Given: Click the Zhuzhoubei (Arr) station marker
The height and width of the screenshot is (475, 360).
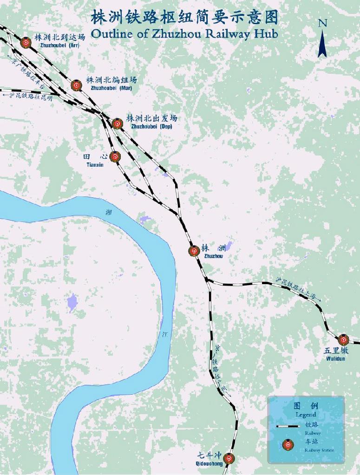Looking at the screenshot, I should pyautogui.click(x=26, y=42).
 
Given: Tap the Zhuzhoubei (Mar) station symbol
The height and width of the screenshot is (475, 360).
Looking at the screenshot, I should pyautogui.click(x=77, y=85).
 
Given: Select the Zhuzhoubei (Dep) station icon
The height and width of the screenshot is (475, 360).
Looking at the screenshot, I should pyautogui.click(x=117, y=124).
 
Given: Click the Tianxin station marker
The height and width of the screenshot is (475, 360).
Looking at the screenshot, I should pyautogui.click(x=115, y=156).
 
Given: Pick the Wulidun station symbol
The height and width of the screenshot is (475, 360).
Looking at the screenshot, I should pyautogui.click(x=343, y=340).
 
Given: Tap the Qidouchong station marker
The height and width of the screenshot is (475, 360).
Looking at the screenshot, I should pyautogui.click(x=229, y=458).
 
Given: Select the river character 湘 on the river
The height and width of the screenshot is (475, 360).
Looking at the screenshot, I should pyautogui.click(x=109, y=212).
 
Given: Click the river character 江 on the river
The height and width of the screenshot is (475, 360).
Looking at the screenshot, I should pyautogui.click(x=166, y=334).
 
